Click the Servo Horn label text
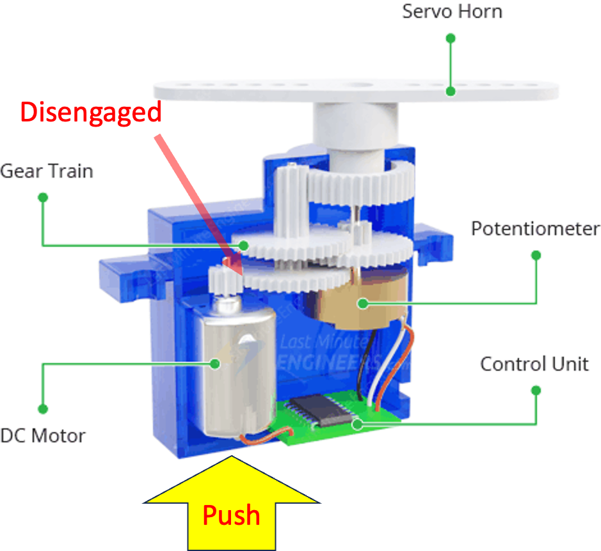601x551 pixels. [x=452, y=12]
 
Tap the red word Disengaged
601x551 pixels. [x=91, y=113]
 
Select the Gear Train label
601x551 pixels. [x=47, y=171]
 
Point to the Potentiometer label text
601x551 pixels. [x=535, y=229]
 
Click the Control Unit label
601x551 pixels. [x=534, y=364]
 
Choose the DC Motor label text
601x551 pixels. [x=43, y=436]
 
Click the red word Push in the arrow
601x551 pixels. [x=231, y=515]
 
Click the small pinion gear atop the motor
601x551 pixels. [x=222, y=279]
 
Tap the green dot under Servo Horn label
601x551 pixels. [x=451, y=38]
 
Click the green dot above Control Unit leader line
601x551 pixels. [x=536, y=390]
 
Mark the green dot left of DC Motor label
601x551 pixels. [x=43, y=408]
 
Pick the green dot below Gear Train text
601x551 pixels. [x=43, y=198]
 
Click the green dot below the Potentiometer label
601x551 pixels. [x=536, y=255]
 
